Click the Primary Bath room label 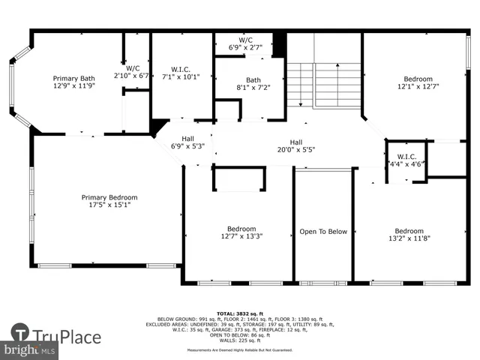(73, 82)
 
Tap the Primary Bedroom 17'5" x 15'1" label (109, 202)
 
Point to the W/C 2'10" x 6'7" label (132, 72)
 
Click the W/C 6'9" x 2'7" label (245, 43)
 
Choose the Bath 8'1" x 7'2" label (253, 83)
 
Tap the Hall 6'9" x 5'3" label (187, 142)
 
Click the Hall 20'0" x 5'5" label (296, 146)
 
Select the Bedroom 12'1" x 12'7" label (418, 82)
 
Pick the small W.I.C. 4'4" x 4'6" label (406, 161)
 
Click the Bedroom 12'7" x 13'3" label (241, 232)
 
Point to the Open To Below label (323, 232)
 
